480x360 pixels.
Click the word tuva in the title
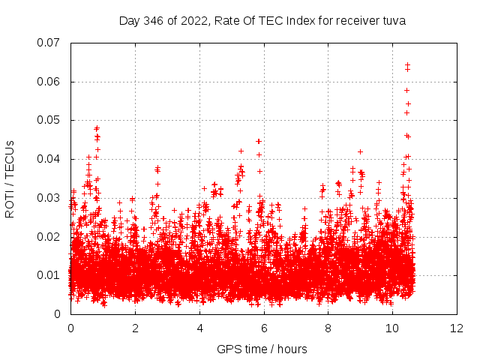click(394, 21)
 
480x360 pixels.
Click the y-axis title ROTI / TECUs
click(10, 178)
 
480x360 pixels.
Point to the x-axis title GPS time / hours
click(262, 349)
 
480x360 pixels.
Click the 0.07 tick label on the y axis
click(49, 43)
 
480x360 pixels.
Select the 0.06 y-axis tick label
click(49, 82)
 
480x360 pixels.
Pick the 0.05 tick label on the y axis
click(49, 120)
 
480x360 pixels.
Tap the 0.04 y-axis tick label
click(49, 159)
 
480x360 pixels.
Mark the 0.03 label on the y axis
click(49, 198)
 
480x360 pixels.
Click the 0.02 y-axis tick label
click(49, 237)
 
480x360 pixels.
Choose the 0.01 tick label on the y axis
click(49, 275)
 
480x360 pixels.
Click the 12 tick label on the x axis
click(457, 328)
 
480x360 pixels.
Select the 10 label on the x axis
click(392, 328)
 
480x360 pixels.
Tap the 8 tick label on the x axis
click(328, 328)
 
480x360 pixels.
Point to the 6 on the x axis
click(264, 328)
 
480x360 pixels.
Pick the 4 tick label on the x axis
click(199, 328)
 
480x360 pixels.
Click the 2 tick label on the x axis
click(135, 328)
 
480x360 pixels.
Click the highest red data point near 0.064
click(407, 65)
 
